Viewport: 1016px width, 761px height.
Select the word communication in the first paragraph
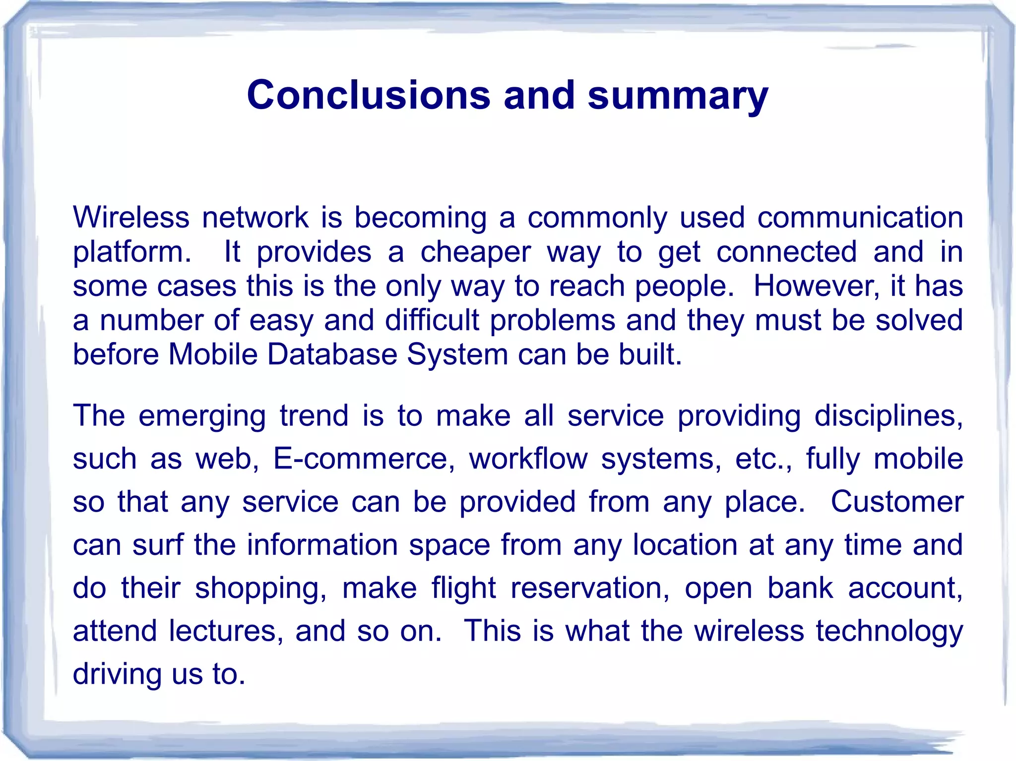(x=860, y=218)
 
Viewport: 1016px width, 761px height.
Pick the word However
(x=816, y=286)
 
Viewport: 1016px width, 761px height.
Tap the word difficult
(x=432, y=320)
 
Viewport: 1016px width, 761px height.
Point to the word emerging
(x=202, y=416)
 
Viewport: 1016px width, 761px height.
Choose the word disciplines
(x=888, y=415)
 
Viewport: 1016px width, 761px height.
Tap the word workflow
(x=528, y=459)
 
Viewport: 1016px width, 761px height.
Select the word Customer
(x=896, y=502)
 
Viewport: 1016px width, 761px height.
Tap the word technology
(x=889, y=632)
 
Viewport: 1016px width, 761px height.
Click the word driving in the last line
(x=117, y=675)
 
